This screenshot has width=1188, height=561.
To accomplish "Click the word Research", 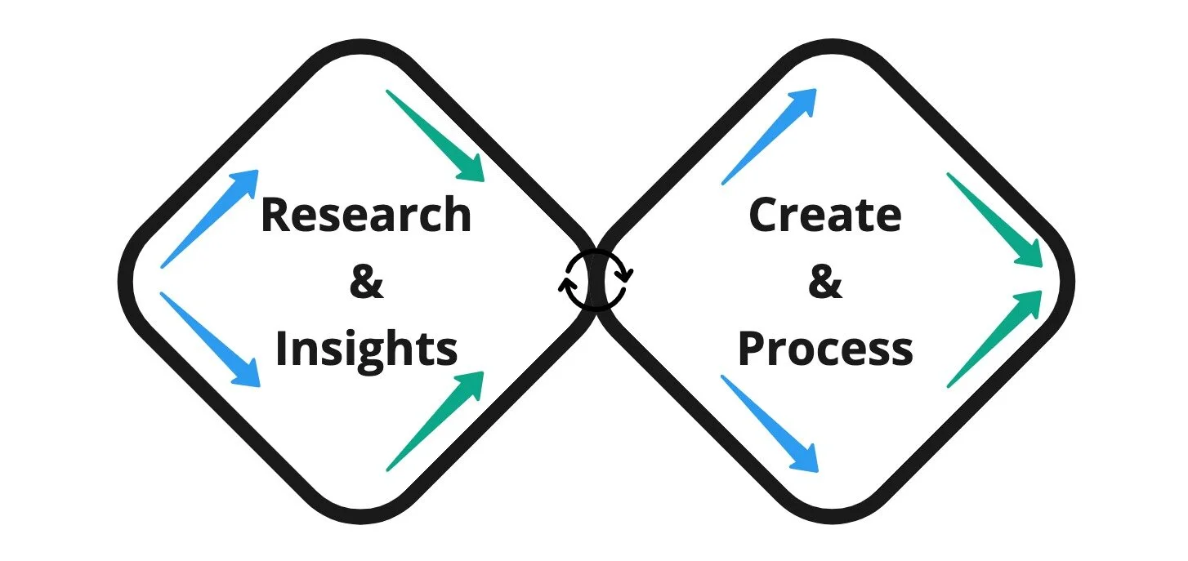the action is (x=366, y=216).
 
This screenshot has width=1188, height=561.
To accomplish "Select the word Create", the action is (x=824, y=216).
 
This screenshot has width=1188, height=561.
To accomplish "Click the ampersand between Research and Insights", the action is (x=366, y=282).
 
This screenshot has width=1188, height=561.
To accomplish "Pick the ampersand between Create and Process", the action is (x=825, y=282).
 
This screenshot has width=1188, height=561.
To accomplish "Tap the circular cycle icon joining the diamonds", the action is (x=596, y=279).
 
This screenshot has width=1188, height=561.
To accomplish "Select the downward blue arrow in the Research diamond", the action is (x=210, y=339).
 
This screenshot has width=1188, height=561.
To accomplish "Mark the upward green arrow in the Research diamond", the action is (x=435, y=421).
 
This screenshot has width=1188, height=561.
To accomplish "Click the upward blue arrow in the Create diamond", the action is (x=769, y=136).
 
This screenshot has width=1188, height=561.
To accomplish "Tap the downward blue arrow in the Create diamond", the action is (x=769, y=422).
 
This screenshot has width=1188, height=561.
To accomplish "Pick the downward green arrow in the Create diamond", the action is (x=994, y=219).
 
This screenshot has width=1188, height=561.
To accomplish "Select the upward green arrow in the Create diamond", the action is (x=994, y=338).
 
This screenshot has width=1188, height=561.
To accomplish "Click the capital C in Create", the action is (x=765, y=216).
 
